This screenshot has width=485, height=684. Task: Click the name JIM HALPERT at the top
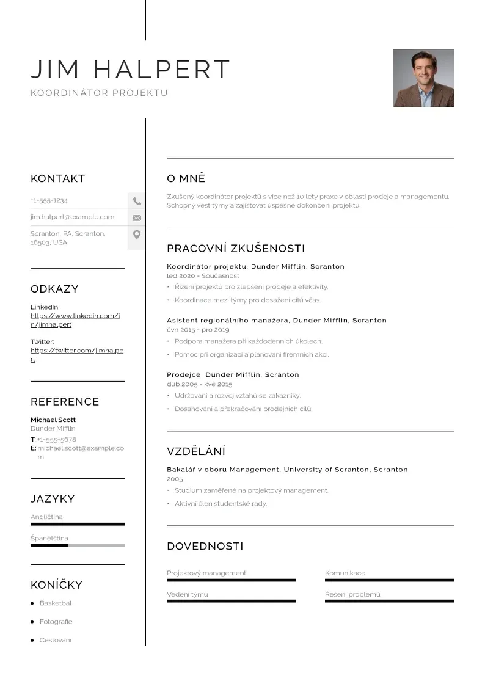coord(130,70)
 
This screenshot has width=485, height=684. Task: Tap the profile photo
coord(423,78)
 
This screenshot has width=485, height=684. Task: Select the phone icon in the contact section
coord(137,201)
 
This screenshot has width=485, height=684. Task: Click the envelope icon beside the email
coord(137,217)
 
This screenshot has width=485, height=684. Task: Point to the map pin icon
coord(137,235)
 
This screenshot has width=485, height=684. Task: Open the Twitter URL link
coord(76,355)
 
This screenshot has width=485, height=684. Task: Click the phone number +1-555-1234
coord(49,200)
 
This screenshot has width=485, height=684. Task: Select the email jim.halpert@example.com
coord(72,217)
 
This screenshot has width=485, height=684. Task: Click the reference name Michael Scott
coord(53,420)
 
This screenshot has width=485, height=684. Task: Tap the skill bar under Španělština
coord(77,545)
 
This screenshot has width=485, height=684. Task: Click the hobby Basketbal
coord(56,603)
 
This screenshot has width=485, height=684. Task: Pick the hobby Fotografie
coord(56,622)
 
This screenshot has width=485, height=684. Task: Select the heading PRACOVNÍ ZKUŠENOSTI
coord(236,249)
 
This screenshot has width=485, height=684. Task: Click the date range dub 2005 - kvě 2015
coord(199,384)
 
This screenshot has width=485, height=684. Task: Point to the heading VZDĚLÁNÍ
coord(196,452)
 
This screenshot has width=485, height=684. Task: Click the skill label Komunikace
coord(345,573)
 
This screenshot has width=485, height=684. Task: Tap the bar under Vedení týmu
coord(231,601)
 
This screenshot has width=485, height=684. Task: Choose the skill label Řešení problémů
coord(352,594)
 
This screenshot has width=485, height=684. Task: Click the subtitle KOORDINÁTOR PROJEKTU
coord(99,93)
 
